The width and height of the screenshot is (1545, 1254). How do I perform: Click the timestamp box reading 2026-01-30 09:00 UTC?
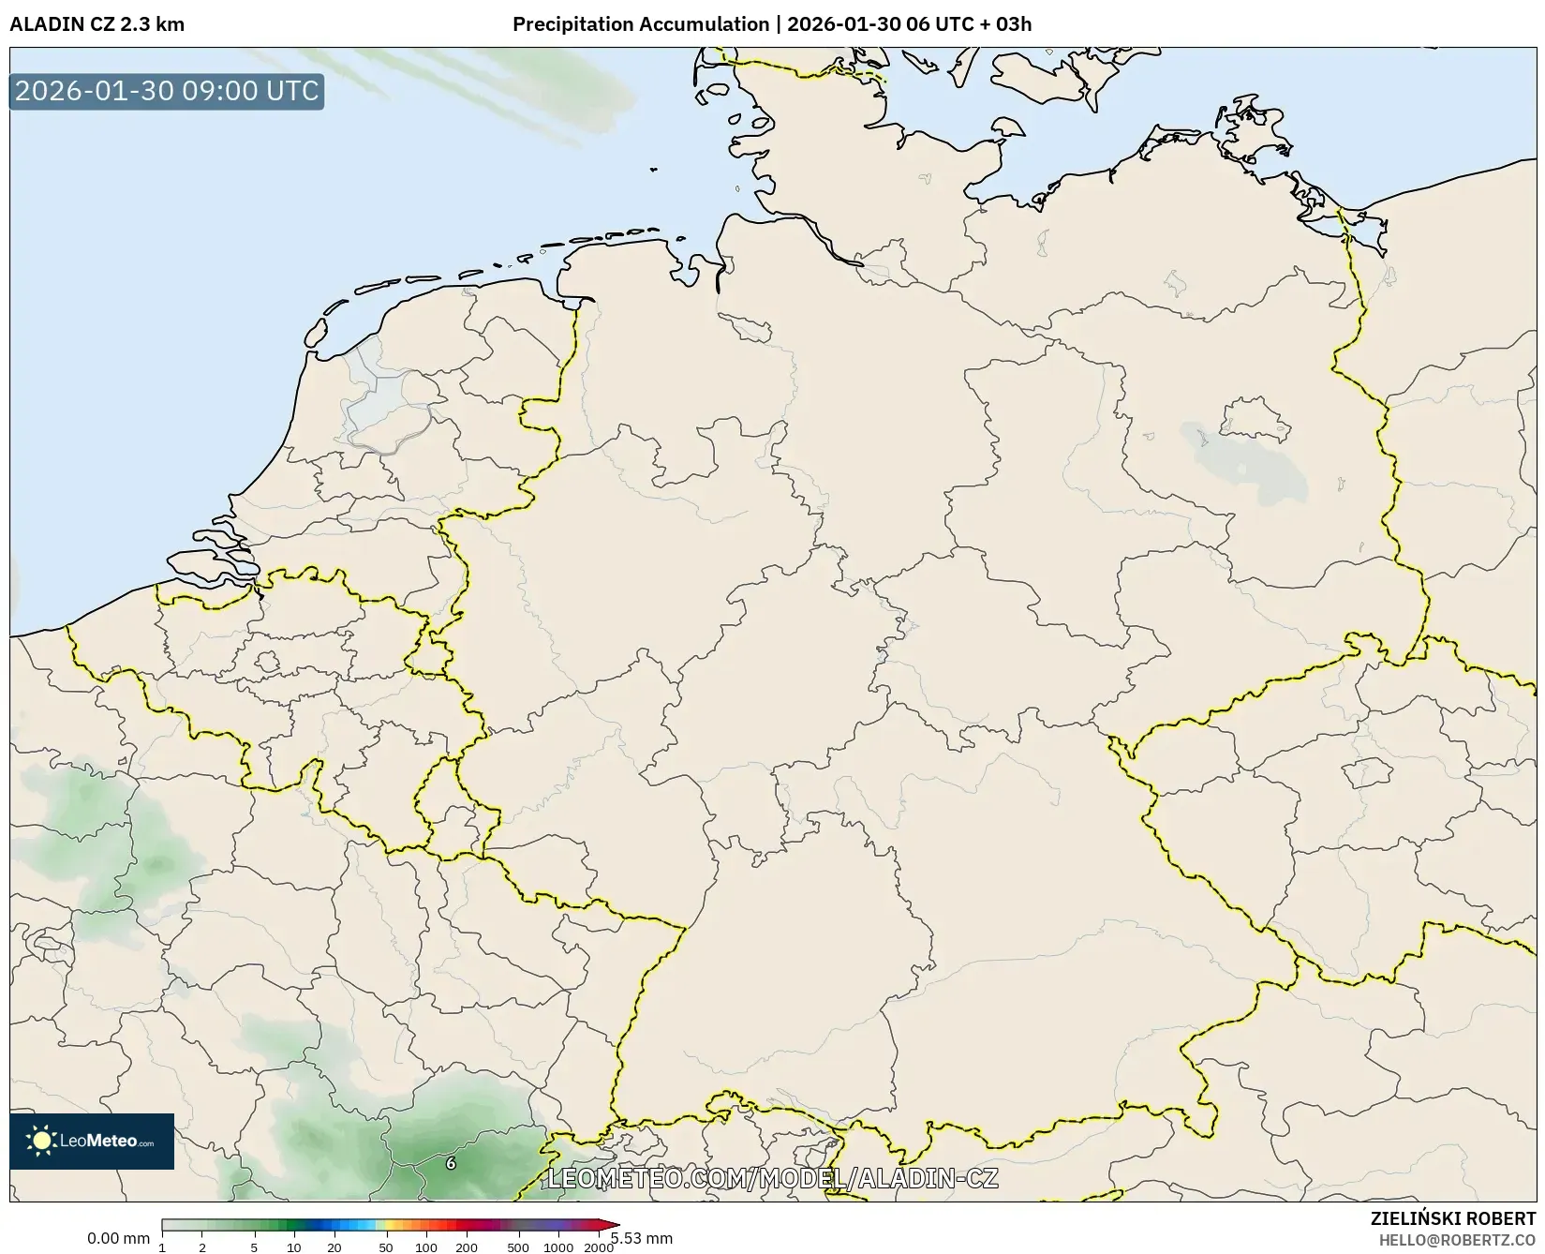point(167,92)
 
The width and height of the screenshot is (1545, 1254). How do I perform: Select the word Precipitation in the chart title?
point(573,24)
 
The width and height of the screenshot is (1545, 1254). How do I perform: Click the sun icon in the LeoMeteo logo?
point(41,1141)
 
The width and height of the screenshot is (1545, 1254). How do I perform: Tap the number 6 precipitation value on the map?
point(451,1163)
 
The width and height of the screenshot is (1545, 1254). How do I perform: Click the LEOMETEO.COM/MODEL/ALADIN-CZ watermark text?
point(772,1178)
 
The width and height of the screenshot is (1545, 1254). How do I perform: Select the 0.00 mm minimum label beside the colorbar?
point(118,1239)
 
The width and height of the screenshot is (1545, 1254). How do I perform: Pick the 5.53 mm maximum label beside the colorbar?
point(642,1239)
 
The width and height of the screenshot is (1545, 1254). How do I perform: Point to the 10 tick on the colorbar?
point(293,1247)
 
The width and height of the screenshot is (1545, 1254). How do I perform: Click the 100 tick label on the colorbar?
point(426,1247)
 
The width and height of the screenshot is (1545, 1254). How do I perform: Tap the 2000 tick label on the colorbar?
point(599,1247)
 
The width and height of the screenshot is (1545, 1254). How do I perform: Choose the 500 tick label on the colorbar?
point(518,1247)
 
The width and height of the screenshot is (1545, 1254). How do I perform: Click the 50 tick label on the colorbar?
point(386,1247)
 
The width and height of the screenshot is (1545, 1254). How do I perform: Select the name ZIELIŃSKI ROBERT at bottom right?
point(1453,1219)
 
